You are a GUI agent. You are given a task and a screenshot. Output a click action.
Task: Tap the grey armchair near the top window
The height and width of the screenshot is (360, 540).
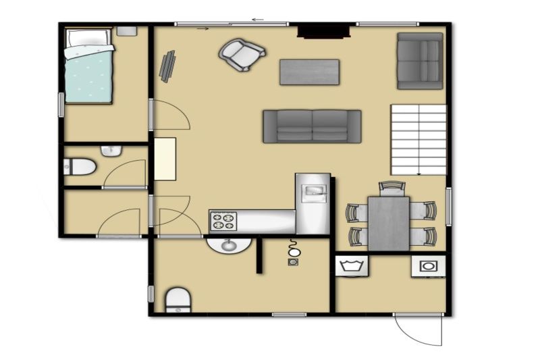pyautogui.click(x=241, y=54)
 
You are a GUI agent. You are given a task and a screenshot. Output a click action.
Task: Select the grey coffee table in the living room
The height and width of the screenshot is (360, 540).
pyautogui.click(x=309, y=72)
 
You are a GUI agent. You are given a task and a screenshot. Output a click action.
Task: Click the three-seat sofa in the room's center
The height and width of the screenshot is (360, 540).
pyautogui.click(x=312, y=126)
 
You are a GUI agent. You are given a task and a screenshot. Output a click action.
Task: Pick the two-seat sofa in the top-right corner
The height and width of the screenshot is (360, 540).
pyautogui.click(x=419, y=61)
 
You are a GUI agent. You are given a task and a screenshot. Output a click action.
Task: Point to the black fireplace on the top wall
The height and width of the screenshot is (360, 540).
pyautogui.click(x=324, y=31)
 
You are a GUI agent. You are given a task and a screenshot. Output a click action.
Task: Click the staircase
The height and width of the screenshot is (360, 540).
pyautogui.click(x=418, y=139)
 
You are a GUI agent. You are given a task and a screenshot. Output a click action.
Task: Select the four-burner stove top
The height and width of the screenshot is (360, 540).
pyautogui.click(x=224, y=221)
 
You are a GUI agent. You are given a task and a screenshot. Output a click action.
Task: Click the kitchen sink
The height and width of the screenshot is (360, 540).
pyautogui.click(x=313, y=191)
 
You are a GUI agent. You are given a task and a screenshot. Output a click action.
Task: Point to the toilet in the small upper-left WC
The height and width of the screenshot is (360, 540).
pyautogui.click(x=80, y=166)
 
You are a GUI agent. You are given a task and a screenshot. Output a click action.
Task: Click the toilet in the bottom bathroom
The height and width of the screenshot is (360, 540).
pyautogui.click(x=178, y=299)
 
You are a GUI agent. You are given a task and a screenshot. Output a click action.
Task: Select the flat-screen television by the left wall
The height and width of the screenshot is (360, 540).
pyautogui.click(x=167, y=66)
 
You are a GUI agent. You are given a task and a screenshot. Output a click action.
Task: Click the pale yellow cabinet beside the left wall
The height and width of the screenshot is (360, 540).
pyautogui.click(x=165, y=159)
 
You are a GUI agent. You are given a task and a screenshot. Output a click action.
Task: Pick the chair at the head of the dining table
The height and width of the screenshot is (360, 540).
pyautogui.click(x=391, y=188)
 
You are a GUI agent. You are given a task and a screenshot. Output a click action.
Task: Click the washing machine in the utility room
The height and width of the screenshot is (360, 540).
pyautogui.click(x=427, y=266)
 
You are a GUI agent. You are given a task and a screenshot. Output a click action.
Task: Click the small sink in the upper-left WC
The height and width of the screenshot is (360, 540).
pyautogui.click(x=110, y=151)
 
